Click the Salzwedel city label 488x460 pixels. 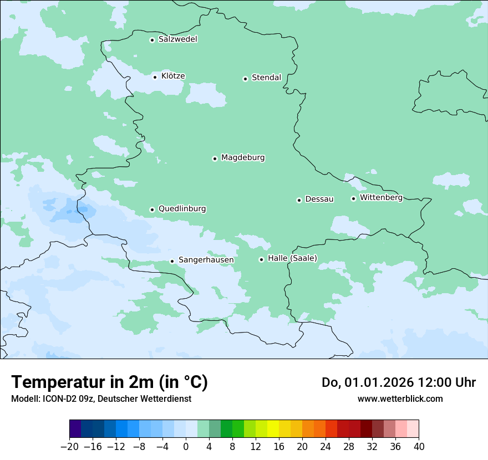point(177,39)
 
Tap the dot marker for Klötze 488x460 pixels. point(155,76)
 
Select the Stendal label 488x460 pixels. point(266,78)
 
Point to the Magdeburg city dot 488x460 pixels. point(215,159)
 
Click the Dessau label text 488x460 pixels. point(319,199)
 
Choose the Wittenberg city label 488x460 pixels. point(381,197)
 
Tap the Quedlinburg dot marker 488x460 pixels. point(152,209)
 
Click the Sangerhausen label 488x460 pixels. point(206,260)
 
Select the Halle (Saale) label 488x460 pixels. point(292,258)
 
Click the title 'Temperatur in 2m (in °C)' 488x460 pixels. point(109,382)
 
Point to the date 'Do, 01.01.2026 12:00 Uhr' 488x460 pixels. point(399,382)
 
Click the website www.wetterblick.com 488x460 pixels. point(400,398)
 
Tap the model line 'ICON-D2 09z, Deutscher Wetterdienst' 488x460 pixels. point(100,398)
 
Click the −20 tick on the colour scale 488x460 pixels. point(69,447)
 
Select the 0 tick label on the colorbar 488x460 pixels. point(186,447)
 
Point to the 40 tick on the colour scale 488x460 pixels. point(419,447)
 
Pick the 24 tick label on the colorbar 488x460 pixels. point(326,447)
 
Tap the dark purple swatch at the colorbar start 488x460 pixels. point(75,429)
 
